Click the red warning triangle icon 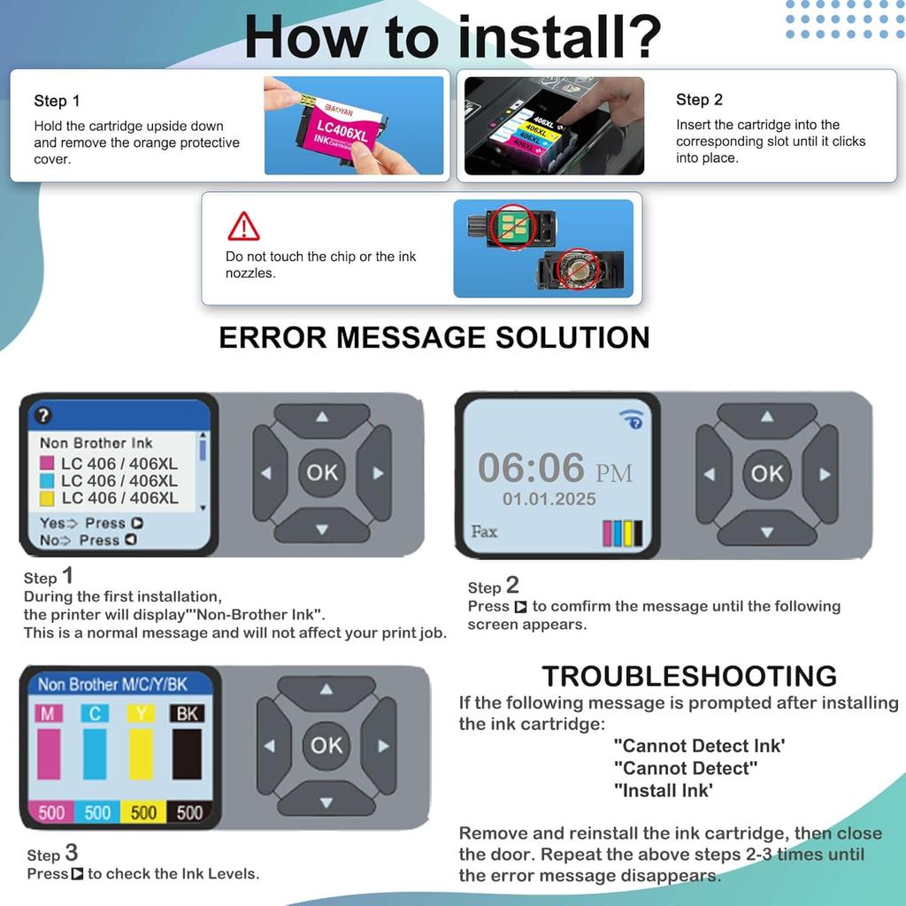[243, 226]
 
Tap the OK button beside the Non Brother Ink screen [322, 472]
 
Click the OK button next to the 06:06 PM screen [766, 474]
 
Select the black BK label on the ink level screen [187, 714]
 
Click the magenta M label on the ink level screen [48, 714]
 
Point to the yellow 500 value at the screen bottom [142, 812]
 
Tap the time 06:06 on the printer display [531, 467]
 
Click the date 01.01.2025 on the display [549, 499]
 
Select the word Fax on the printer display [484, 531]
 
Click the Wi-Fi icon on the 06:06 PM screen [632, 418]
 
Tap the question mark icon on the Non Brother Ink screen [42, 415]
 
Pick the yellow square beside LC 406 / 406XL [47, 498]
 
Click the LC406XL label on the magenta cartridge [342, 131]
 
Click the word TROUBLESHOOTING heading [689, 676]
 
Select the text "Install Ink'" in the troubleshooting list [664, 790]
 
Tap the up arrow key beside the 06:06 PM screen [766, 418]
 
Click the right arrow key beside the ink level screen [382, 745]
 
